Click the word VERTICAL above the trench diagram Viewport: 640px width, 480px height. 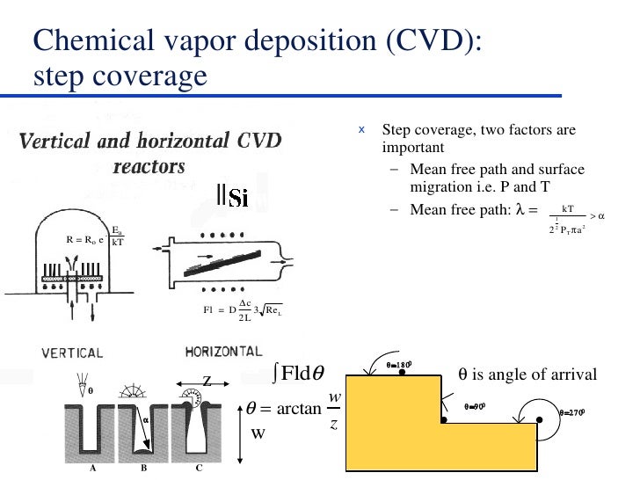click(72, 353)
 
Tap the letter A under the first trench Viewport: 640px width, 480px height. click(92, 469)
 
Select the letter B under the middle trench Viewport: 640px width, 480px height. click(143, 469)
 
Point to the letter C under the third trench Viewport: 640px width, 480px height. click(200, 469)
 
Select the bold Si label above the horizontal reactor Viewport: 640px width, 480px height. click(236, 199)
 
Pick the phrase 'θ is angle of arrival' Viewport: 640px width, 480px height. click(528, 376)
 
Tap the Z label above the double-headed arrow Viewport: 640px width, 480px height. click(207, 381)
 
